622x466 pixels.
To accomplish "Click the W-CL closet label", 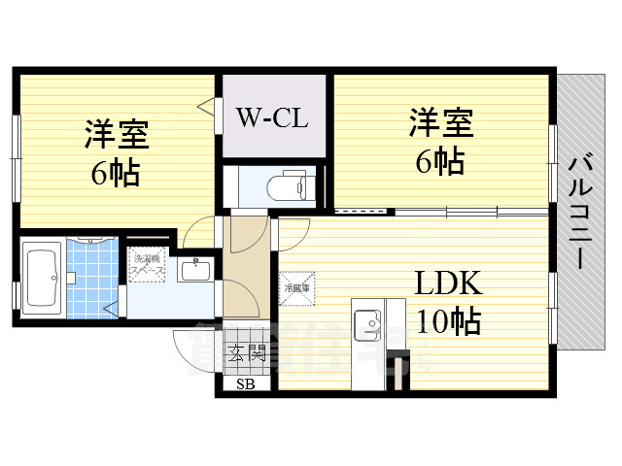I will (x=272, y=119).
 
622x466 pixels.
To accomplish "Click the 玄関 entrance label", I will (x=247, y=352).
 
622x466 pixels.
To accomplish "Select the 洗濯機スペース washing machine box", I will (x=147, y=264).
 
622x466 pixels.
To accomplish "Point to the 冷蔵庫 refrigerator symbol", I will (x=296, y=287).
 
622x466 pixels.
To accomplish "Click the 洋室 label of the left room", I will (x=114, y=132).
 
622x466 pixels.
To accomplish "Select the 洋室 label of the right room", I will (x=439, y=123).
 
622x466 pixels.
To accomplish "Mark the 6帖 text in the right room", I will (x=439, y=161).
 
